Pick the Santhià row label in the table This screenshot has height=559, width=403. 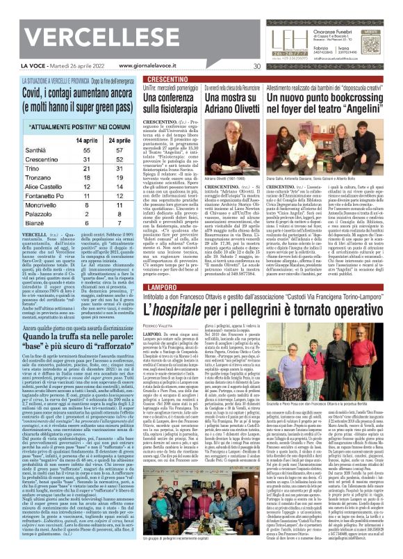(x=37, y=150)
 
